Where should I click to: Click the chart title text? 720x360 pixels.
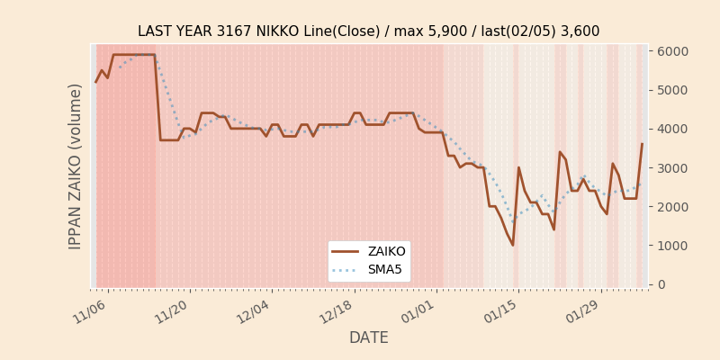(x=368, y=31)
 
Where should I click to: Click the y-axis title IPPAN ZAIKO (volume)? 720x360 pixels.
(x=76, y=166)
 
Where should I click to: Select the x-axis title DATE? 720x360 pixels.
(x=368, y=337)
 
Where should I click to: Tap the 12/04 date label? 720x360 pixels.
(x=255, y=309)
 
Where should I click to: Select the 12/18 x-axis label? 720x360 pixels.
(x=337, y=309)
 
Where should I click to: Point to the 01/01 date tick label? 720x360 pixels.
(x=418, y=309)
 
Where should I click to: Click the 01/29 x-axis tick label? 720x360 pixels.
(x=583, y=309)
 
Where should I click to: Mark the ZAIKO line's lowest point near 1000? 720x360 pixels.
(x=513, y=245)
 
